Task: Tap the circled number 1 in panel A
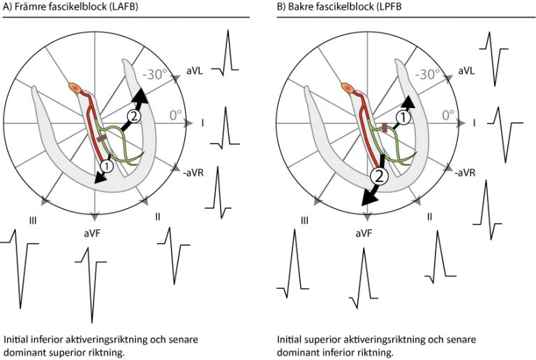(105, 166)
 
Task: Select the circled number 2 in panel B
(378, 177)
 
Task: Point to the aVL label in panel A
(195, 71)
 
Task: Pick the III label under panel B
(304, 221)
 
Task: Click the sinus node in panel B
(348, 89)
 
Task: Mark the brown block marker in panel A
(101, 140)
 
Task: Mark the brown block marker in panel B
(385, 127)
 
